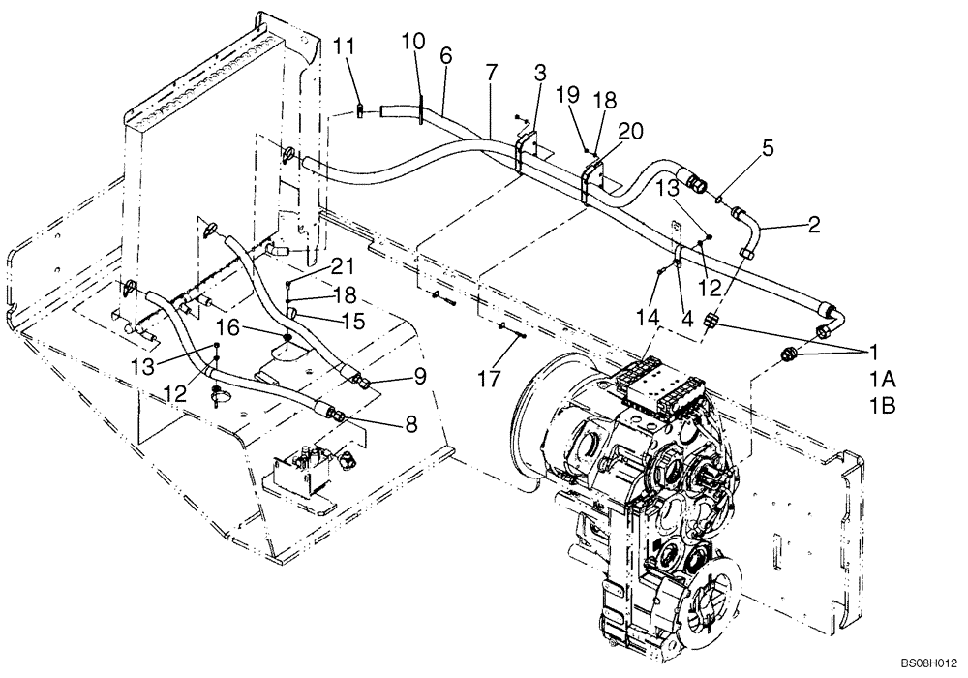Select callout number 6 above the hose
pyautogui.click(x=445, y=57)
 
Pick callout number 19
pyautogui.click(x=568, y=95)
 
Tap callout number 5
pyautogui.click(x=768, y=149)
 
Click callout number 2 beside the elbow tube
pyautogui.click(x=814, y=227)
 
